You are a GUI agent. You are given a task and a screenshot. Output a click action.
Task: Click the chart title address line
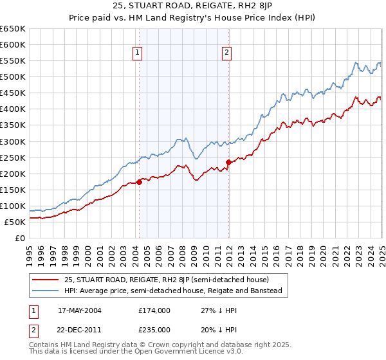pos(193,7)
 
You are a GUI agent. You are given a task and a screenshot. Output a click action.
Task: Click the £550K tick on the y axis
pos(13,60)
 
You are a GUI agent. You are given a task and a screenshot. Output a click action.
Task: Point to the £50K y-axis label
pos(15,222)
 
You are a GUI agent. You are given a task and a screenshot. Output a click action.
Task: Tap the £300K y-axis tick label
pos(13,141)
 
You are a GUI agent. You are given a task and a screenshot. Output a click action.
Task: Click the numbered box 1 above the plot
pos(138,53)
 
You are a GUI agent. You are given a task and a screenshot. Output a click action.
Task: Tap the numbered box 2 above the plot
pos(228,53)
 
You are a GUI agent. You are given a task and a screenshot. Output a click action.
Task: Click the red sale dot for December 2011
pos(228,162)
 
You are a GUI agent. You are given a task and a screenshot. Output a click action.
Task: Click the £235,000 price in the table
pos(154,329)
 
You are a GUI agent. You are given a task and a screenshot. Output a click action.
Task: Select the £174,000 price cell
pos(154,310)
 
